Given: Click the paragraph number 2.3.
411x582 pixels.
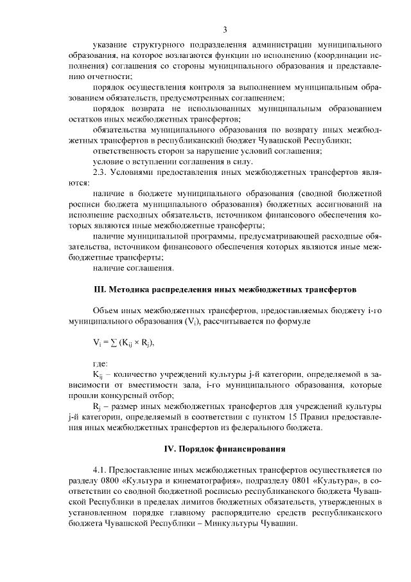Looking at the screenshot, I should [x=101, y=172].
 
